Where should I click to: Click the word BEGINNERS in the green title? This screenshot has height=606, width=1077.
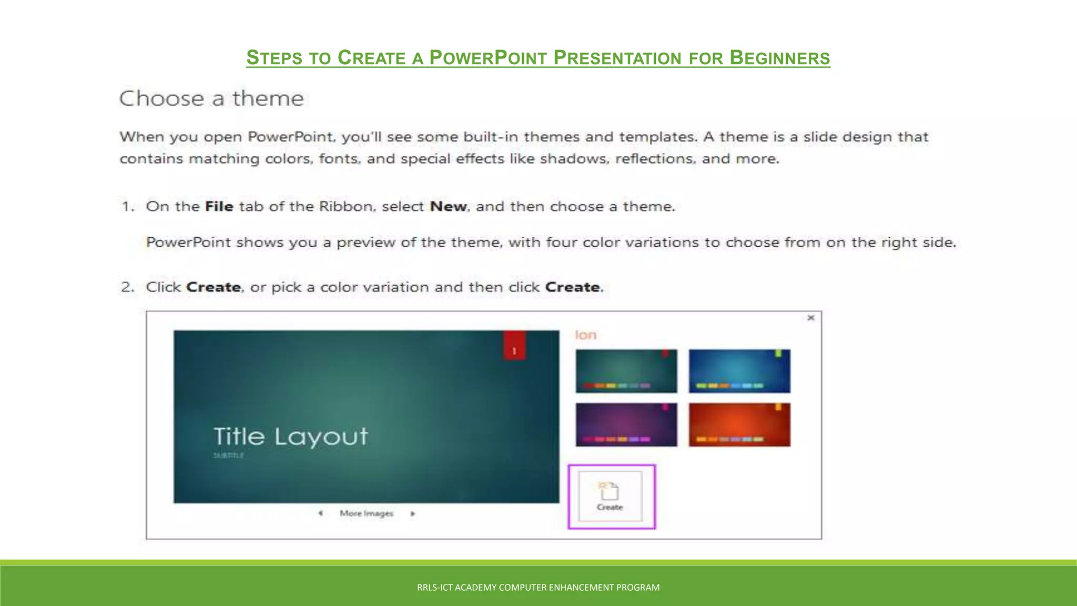(x=780, y=57)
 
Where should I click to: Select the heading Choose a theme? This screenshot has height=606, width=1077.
(x=211, y=98)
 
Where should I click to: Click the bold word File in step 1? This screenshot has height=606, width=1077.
(x=219, y=206)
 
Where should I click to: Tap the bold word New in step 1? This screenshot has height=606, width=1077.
(x=448, y=206)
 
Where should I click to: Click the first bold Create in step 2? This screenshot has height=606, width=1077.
(x=214, y=287)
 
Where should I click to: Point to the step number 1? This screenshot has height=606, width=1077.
(x=127, y=206)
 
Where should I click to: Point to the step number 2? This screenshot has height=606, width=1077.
(x=127, y=287)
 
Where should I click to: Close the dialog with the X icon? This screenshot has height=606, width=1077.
(x=810, y=318)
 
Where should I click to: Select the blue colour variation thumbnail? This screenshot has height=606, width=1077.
(x=739, y=371)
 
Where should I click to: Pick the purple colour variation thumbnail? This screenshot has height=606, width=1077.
(x=626, y=425)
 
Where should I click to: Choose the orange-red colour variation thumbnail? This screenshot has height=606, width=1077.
(x=739, y=425)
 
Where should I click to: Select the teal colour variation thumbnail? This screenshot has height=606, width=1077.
(x=626, y=371)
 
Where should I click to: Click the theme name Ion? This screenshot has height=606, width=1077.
(x=585, y=335)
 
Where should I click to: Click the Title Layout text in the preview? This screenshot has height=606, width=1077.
(x=290, y=437)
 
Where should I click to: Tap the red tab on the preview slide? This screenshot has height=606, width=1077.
(x=514, y=346)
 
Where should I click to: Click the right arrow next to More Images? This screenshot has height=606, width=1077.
(x=413, y=513)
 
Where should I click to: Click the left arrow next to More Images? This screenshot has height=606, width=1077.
(x=320, y=513)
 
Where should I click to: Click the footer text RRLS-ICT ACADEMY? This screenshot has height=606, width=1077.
(x=538, y=587)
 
